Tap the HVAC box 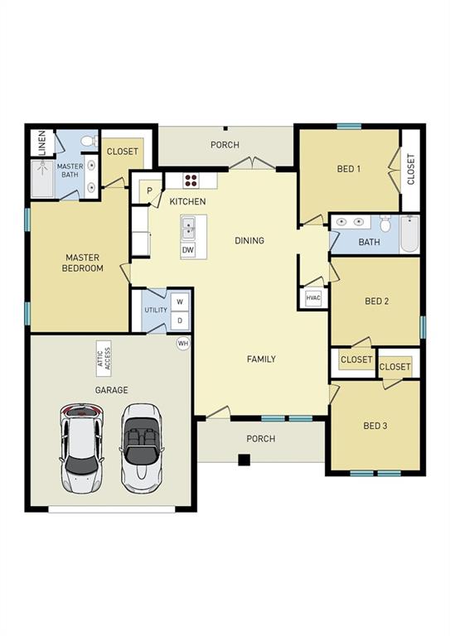tap(313, 298)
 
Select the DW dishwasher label tap(188, 249)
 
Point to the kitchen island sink tap(188, 226)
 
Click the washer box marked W tap(179, 302)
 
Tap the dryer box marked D tap(179, 320)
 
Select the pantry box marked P tap(150, 190)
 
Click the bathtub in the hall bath tap(409, 234)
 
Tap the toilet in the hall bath tap(385, 224)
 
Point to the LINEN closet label tap(41, 142)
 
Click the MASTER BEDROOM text tap(84, 263)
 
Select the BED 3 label tap(375, 426)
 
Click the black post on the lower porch tap(244, 460)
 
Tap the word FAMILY tap(261, 359)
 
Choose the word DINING tap(249, 241)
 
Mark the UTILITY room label tap(156, 310)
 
